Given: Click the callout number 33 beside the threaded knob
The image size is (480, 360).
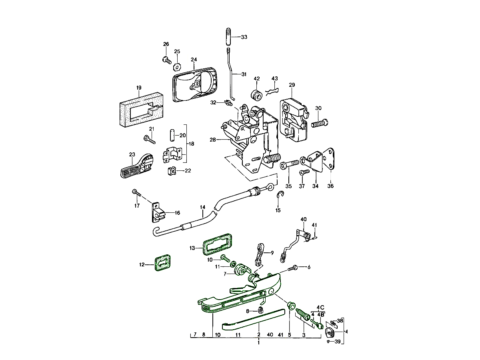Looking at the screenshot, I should click(x=244, y=37).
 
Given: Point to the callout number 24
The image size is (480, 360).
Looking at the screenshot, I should click(x=194, y=60).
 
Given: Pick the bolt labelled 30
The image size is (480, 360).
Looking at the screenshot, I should click(x=319, y=123).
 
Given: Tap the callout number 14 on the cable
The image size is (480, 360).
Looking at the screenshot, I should click(x=203, y=207).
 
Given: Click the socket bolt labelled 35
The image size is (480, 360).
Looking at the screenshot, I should click(x=290, y=164).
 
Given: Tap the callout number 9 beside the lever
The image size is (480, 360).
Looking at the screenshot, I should click(x=272, y=252).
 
